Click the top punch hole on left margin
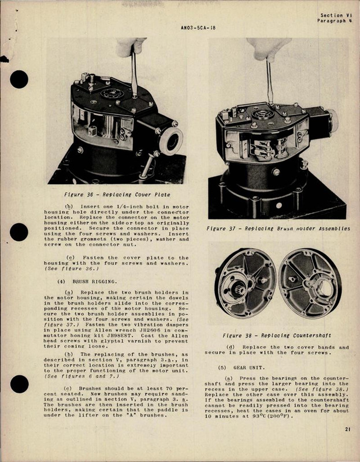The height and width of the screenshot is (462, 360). click(19, 79)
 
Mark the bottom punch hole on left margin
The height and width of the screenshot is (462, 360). click(19, 383)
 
